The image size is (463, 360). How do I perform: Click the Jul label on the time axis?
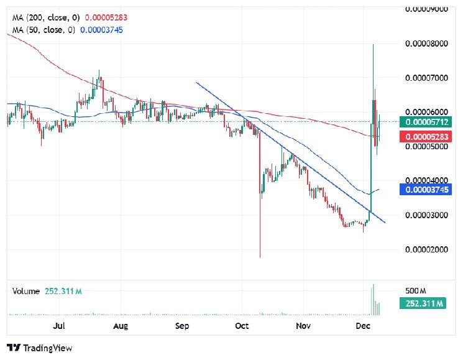[x=60, y=325]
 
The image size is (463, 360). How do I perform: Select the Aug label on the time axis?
[x=121, y=325]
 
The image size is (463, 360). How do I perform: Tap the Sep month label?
[x=181, y=325]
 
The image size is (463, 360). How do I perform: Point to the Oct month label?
[x=242, y=325]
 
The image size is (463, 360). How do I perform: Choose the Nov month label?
[x=303, y=325]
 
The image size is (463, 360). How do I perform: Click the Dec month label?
[x=364, y=325]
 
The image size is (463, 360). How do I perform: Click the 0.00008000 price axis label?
[x=426, y=44]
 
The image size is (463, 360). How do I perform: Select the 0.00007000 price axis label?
[x=426, y=78]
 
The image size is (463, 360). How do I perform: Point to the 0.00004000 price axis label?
[x=426, y=181]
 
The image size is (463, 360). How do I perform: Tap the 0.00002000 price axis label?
[x=426, y=249]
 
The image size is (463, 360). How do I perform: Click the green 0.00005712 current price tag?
[x=422, y=122]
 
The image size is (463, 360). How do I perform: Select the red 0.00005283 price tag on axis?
[x=422, y=137]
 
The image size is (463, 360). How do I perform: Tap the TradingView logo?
[x=40, y=348]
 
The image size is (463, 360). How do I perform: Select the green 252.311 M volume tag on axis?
[x=422, y=303]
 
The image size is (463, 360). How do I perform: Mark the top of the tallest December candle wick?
[x=373, y=44]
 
